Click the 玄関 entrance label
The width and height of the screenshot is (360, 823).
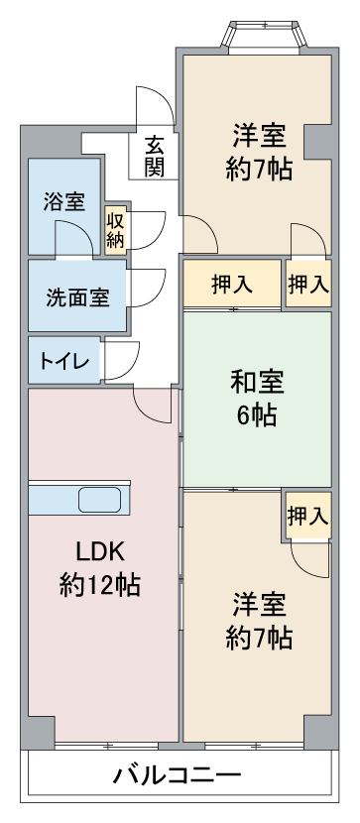(154, 157)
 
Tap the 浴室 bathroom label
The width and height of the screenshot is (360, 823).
(64, 202)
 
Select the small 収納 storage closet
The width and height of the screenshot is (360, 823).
(115, 230)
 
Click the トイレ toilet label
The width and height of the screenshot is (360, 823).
(64, 362)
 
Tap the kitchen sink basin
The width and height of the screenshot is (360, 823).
(100, 499)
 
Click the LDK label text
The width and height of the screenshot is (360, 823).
(100, 551)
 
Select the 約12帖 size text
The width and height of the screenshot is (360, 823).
(100, 584)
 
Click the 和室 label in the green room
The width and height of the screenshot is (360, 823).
(257, 382)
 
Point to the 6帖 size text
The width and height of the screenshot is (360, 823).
(257, 415)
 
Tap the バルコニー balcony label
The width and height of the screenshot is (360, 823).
(178, 773)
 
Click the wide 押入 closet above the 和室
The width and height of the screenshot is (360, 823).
(232, 284)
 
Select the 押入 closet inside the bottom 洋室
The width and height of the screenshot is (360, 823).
(308, 516)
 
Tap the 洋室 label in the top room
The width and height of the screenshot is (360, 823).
(260, 136)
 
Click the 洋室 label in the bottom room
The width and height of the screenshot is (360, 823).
(260, 605)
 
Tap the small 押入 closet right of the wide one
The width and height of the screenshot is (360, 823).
(308, 284)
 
